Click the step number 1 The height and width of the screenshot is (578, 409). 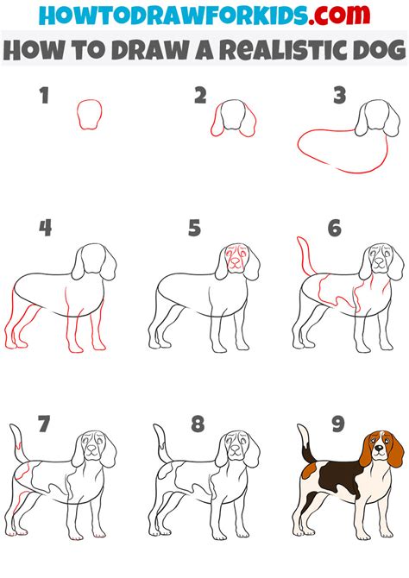(44, 95)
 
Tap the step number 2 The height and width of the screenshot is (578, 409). (200, 95)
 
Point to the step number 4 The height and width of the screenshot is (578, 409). (45, 229)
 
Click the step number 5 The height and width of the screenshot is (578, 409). (195, 229)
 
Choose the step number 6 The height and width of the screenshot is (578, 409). (334, 229)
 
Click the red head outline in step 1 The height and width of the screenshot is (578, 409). (89, 114)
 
